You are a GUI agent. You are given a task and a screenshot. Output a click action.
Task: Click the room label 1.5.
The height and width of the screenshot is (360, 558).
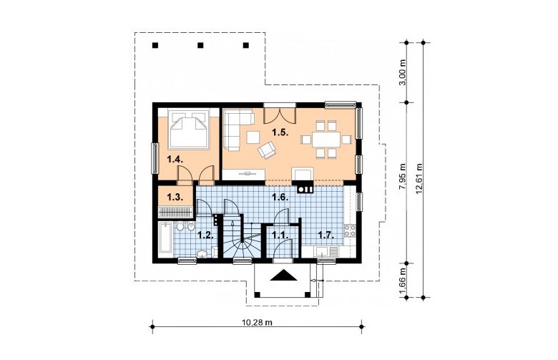click(280, 133)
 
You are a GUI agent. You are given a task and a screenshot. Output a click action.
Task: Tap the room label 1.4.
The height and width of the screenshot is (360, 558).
click(175, 159)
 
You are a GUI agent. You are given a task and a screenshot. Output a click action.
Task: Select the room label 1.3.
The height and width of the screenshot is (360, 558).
click(175, 197)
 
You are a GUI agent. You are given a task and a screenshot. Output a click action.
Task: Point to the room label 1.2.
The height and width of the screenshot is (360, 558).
click(205, 235)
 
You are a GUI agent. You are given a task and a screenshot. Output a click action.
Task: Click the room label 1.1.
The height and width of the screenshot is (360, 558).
click(280, 235)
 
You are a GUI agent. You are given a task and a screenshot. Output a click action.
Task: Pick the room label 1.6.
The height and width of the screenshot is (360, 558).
click(280, 197)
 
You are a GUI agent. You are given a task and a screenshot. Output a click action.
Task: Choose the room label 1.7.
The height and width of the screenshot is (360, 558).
click(326, 235)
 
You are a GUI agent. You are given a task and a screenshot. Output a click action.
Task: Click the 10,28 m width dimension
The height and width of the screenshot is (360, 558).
click(257, 323)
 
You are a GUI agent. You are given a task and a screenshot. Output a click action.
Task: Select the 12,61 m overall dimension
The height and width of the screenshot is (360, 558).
click(418, 178)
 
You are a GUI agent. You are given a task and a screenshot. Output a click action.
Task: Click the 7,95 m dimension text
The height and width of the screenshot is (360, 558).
click(403, 178)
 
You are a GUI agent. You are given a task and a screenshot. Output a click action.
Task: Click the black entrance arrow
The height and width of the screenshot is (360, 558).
click(283, 276)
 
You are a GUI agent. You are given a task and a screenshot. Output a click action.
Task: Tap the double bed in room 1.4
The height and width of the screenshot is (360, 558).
click(189, 129)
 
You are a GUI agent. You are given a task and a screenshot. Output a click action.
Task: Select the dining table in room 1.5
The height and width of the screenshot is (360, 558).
click(326, 140)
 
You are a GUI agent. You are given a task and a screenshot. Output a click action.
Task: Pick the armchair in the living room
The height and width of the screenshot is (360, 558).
click(268, 150)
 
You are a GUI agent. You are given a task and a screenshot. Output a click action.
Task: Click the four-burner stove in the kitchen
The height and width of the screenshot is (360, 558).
click(349, 230)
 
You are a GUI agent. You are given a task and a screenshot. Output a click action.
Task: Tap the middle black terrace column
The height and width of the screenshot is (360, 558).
click(200, 45)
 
